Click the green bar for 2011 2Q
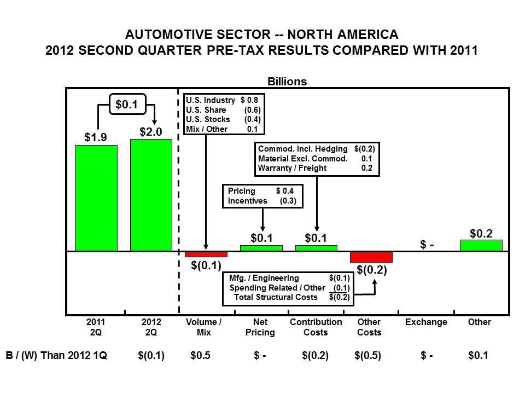tap(96, 198)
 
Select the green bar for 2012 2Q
tap(151, 195)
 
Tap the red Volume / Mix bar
tap(206, 254)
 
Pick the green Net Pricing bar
tap(261, 248)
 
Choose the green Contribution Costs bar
tap(316, 248)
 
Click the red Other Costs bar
tap(371, 257)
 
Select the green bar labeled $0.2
tap(481, 245)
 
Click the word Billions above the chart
tap(287, 82)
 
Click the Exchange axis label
tap(426, 322)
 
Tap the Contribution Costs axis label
tap(316, 327)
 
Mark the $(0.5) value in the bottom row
tap(368, 356)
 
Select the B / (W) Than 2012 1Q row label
tap(56, 356)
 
